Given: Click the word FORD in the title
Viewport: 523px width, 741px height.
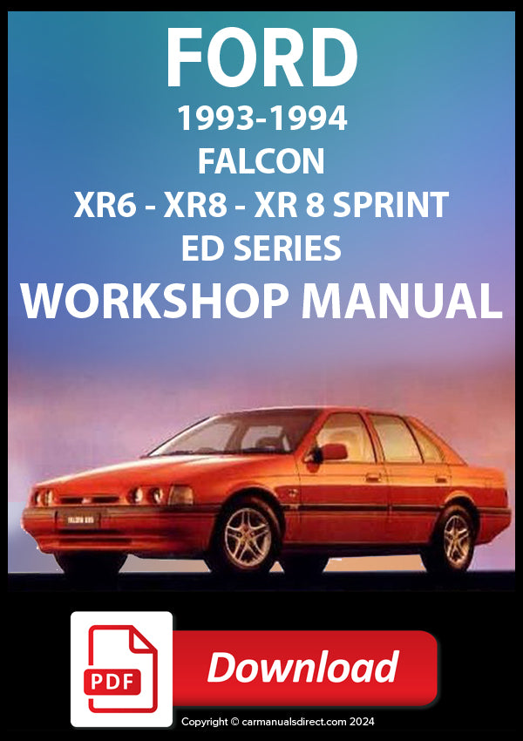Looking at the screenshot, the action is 261,58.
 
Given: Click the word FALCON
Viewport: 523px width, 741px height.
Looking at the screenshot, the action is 261,161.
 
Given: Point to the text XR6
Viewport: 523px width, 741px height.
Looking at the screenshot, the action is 105,205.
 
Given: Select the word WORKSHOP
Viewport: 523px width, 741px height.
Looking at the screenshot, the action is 154,301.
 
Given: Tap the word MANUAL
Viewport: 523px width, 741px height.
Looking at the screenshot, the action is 402,301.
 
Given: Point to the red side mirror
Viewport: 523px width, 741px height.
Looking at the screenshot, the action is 331,452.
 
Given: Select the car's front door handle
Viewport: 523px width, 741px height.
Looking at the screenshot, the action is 373,478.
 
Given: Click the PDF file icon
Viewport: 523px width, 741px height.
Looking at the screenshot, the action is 121,669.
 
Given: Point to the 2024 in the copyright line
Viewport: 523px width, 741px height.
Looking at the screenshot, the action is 362,721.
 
